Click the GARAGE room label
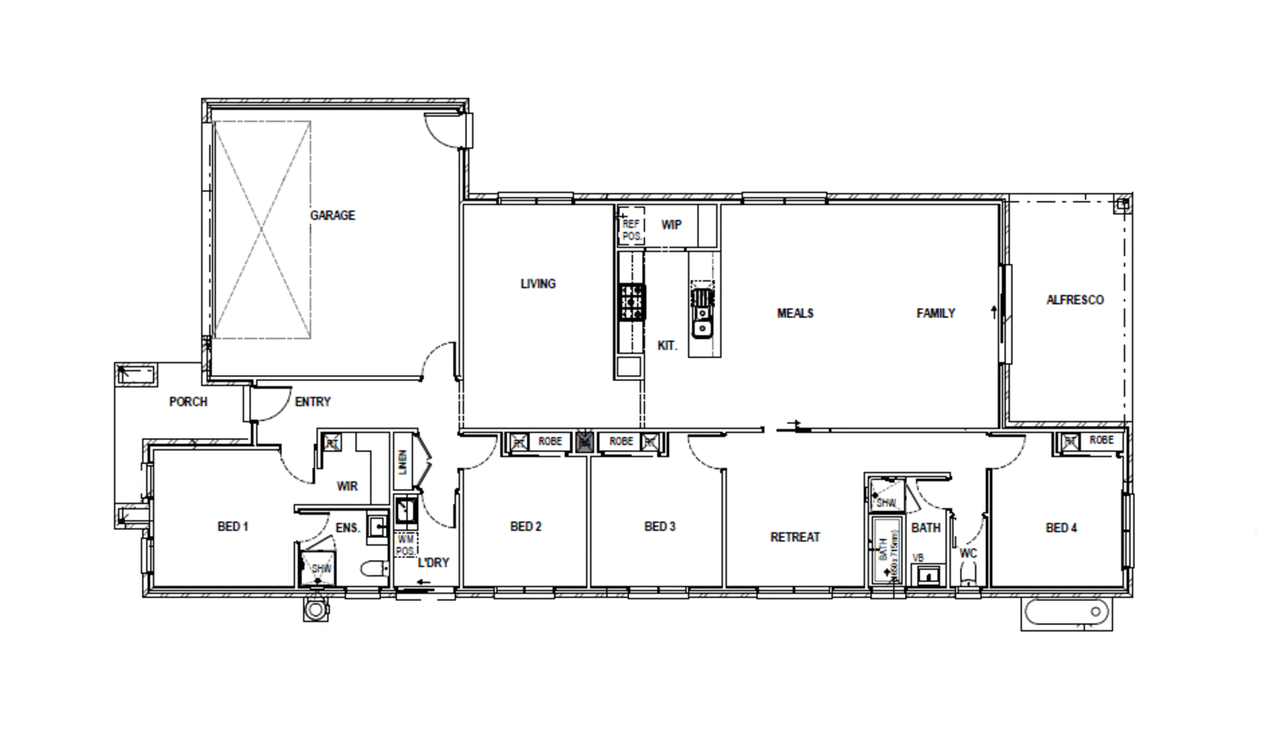pyautogui.click(x=332, y=215)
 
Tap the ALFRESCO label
pyautogui.click(x=1074, y=300)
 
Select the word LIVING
pyautogui.click(x=538, y=284)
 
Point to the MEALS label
pyautogui.click(x=795, y=313)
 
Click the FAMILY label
pyautogui.click(x=936, y=313)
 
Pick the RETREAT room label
pyautogui.click(x=795, y=537)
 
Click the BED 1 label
pyautogui.click(x=233, y=527)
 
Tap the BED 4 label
pyautogui.click(x=1061, y=528)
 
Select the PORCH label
pyautogui.click(x=188, y=401)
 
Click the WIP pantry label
pyautogui.click(x=671, y=225)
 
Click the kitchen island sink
pyautogui.click(x=702, y=325)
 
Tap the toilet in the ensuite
pyautogui.click(x=373, y=570)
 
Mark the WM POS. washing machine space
pyautogui.click(x=406, y=544)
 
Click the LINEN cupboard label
pyautogui.click(x=403, y=462)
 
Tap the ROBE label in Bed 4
pyautogui.click(x=1101, y=440)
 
